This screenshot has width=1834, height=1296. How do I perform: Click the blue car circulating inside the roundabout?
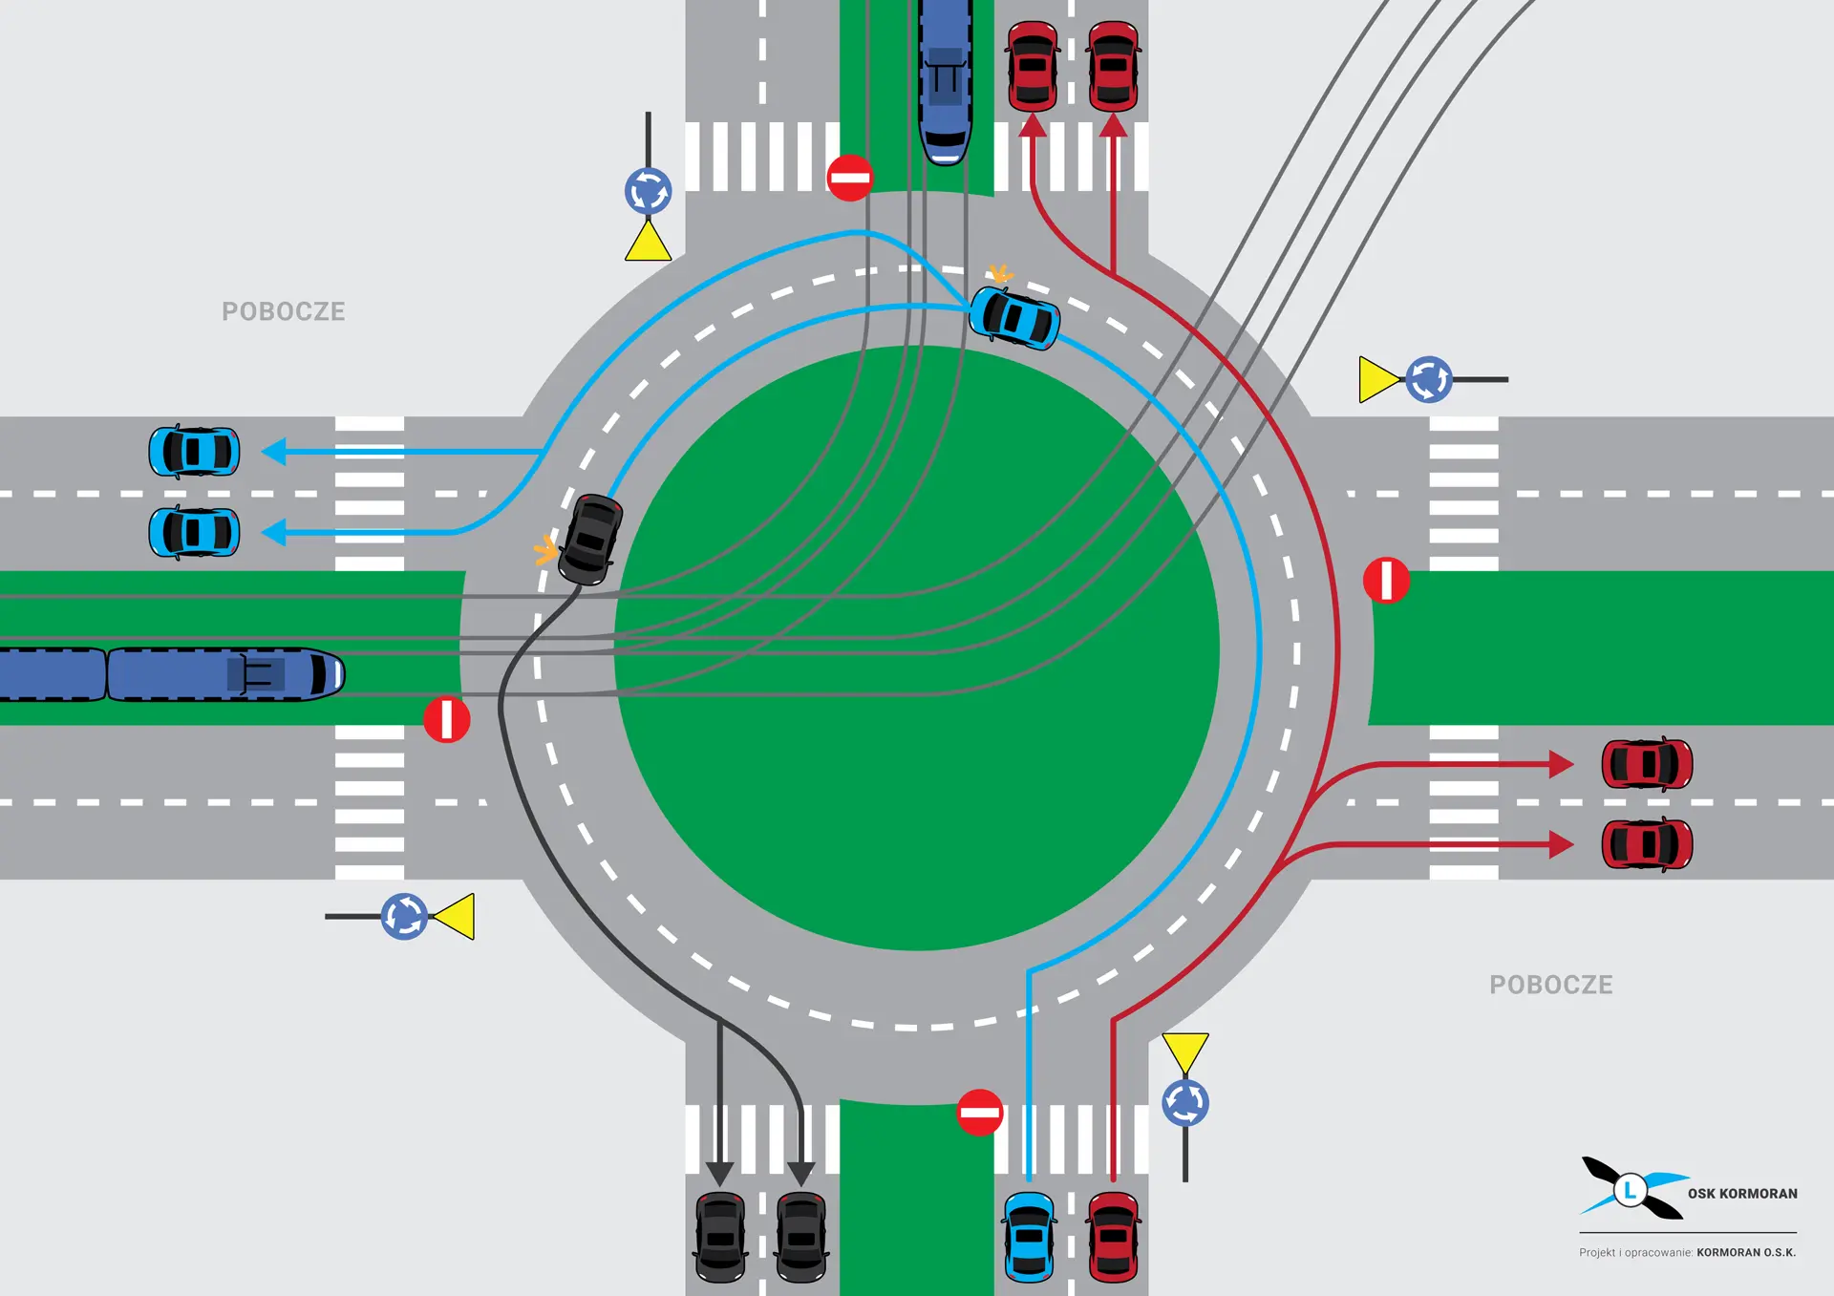[x=1014, y=318]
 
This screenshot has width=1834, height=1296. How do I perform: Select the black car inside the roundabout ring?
[x=590, y=540]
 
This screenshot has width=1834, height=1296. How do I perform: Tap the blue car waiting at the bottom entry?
[x=1029, y=1236]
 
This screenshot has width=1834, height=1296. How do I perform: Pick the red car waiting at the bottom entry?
[x=1113, y=1236]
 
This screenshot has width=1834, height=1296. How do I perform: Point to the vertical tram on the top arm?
[x=946, y=81]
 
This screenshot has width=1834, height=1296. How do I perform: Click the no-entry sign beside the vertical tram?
[x=849, y=178]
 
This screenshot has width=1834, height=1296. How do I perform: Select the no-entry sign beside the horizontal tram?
[x=446, y=719]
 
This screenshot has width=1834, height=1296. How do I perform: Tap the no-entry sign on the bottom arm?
[x=979, y=1113]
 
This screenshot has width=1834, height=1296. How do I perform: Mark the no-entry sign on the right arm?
[x=1386, y=581]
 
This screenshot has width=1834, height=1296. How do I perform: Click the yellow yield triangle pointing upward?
[x=648, y=243]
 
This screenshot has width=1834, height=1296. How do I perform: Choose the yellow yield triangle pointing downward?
[x=1185, y=1051]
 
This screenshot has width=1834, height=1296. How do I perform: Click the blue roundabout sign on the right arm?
[x=1429, y=380]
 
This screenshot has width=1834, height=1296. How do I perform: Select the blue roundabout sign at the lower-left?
[x=404, y=917]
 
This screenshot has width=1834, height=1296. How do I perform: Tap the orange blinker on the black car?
[x=545, y=550]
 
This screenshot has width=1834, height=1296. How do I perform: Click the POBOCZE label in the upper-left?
[x=284, y=311]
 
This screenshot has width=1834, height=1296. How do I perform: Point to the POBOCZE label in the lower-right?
[x=1550, y=985]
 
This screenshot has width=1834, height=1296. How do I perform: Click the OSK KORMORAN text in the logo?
[x=1742, y=1194]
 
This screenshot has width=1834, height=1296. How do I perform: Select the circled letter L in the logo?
[x=1631, y=1190]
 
